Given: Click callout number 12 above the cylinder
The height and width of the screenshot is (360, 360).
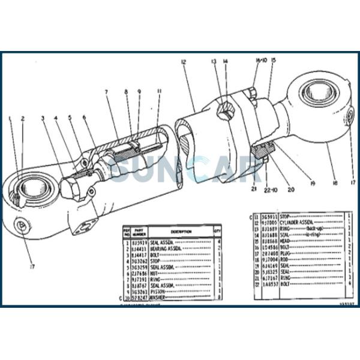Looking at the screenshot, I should click(182, 61).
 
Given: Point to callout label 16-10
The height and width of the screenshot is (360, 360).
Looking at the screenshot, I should click(260, 61).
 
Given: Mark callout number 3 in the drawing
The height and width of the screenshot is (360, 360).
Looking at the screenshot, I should click(43, 118).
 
